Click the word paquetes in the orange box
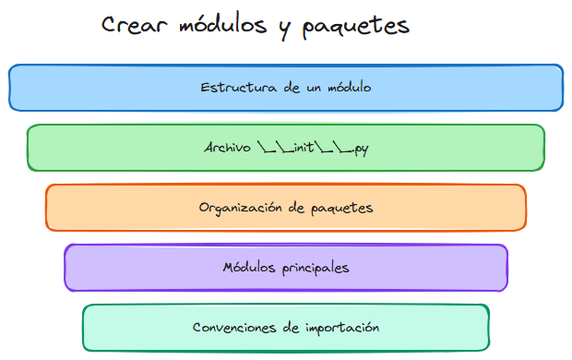coord(340,209)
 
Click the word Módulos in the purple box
coord(248,268)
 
